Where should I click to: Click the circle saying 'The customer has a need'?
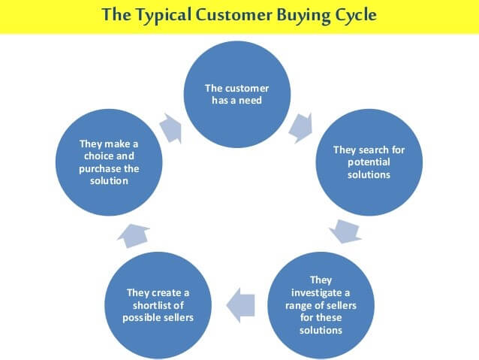pos(237,92)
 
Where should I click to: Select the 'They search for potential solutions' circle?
pos(369,161)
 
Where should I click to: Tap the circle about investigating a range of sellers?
pos(320,304)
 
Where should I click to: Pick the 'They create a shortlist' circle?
pos(158,304)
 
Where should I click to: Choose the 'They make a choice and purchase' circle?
pos(109,161)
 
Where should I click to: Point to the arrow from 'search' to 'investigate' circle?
pos(346,231)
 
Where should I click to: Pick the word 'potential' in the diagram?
pos(369,162)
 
